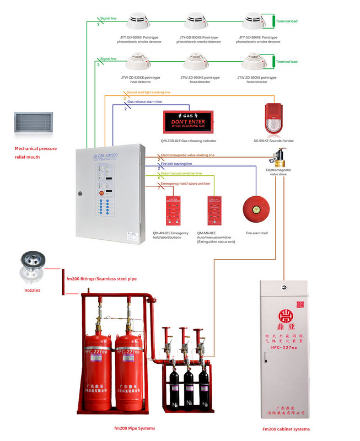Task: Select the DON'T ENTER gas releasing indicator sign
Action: [189, 121]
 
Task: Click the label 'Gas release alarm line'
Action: [144, 102]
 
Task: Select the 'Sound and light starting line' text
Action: [148, 92]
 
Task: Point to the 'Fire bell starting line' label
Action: [176, 164]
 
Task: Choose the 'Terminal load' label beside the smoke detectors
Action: [287, 21]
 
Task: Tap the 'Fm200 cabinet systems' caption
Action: [286, 429]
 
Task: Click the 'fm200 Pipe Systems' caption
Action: [135, 428]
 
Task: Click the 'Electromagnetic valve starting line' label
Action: [187, 155]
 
